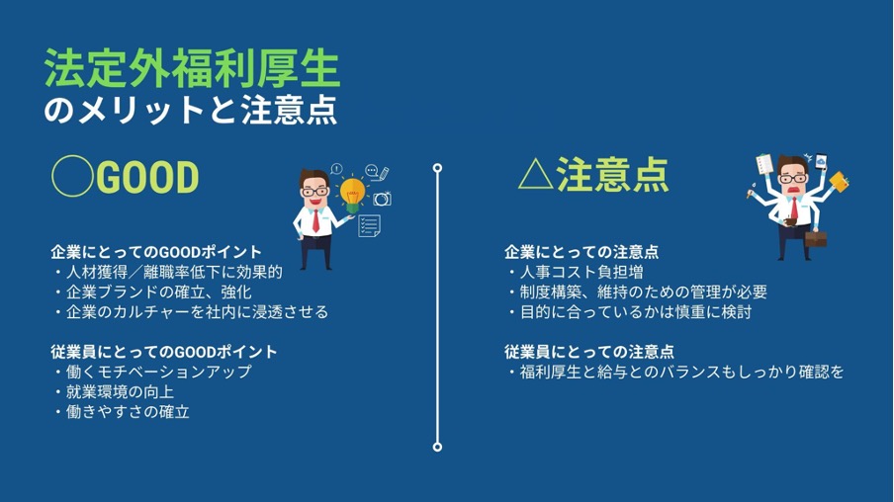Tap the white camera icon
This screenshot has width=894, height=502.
coord(382,199)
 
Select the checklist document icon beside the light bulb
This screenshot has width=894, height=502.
coord(369,225)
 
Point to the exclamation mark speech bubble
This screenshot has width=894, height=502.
coord(336,169)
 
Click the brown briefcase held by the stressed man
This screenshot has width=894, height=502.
coord(815,238)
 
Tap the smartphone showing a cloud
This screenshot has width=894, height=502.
coord(821,162)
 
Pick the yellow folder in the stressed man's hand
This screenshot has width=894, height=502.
coord(839,182)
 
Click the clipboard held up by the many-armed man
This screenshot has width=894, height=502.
coord(764,164)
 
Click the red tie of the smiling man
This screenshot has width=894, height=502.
coord(315,221)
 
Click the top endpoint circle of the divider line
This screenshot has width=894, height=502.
coord(437,168)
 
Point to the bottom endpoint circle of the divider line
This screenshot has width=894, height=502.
coord(437,447)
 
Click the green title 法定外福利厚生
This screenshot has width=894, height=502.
coord(192,68)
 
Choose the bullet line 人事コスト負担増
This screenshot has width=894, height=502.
coord(577,272)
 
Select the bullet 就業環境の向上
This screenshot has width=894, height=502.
coord(115,392)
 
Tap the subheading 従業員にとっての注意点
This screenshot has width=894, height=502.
coord(589,352)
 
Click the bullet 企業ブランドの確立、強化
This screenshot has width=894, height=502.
coord(153,293)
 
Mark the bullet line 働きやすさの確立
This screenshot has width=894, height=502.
coord(123,412)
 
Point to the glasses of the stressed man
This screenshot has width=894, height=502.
coord(793,179)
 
